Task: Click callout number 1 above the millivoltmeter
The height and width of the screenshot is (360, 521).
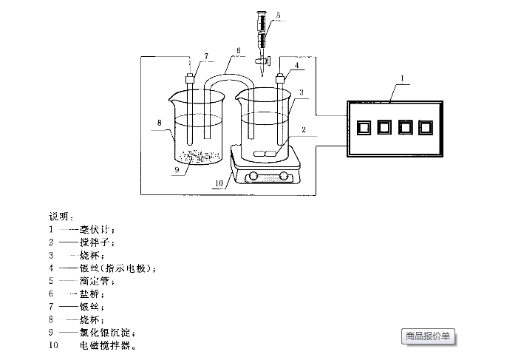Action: click(x=402, y=78)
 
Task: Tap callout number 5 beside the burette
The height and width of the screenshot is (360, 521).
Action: click(x=278, y=16)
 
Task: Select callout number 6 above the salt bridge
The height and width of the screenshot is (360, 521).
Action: click(x=239, y=51)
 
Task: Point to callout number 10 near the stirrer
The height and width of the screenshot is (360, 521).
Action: click(x=218, y=183)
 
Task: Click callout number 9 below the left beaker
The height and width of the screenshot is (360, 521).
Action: click(x=177, y=169)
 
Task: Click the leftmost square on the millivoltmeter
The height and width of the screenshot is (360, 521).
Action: click(x=362, y=127)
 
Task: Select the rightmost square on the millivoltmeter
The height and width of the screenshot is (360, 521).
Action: click(x=425, y=127)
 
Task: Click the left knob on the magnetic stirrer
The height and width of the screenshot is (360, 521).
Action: click(x=254, y=176)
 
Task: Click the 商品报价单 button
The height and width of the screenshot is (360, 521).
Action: click(x=428, y=336)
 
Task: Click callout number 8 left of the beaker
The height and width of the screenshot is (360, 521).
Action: click(x=158, y=122)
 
